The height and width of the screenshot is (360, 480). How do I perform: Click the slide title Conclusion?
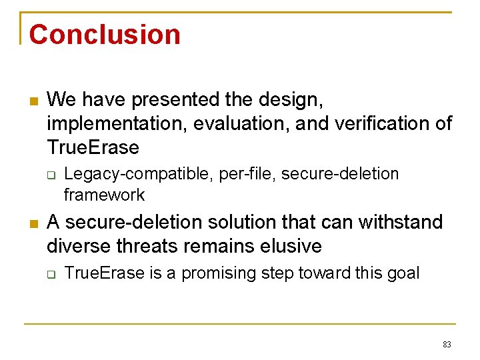point(105,35)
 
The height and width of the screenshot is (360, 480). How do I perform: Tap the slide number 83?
point(447,345)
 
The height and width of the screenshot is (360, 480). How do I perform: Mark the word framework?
point(104,195)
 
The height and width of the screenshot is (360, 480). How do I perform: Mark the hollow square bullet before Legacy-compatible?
point(51,175)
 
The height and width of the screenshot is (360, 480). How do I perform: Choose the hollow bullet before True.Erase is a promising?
point(51,274)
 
